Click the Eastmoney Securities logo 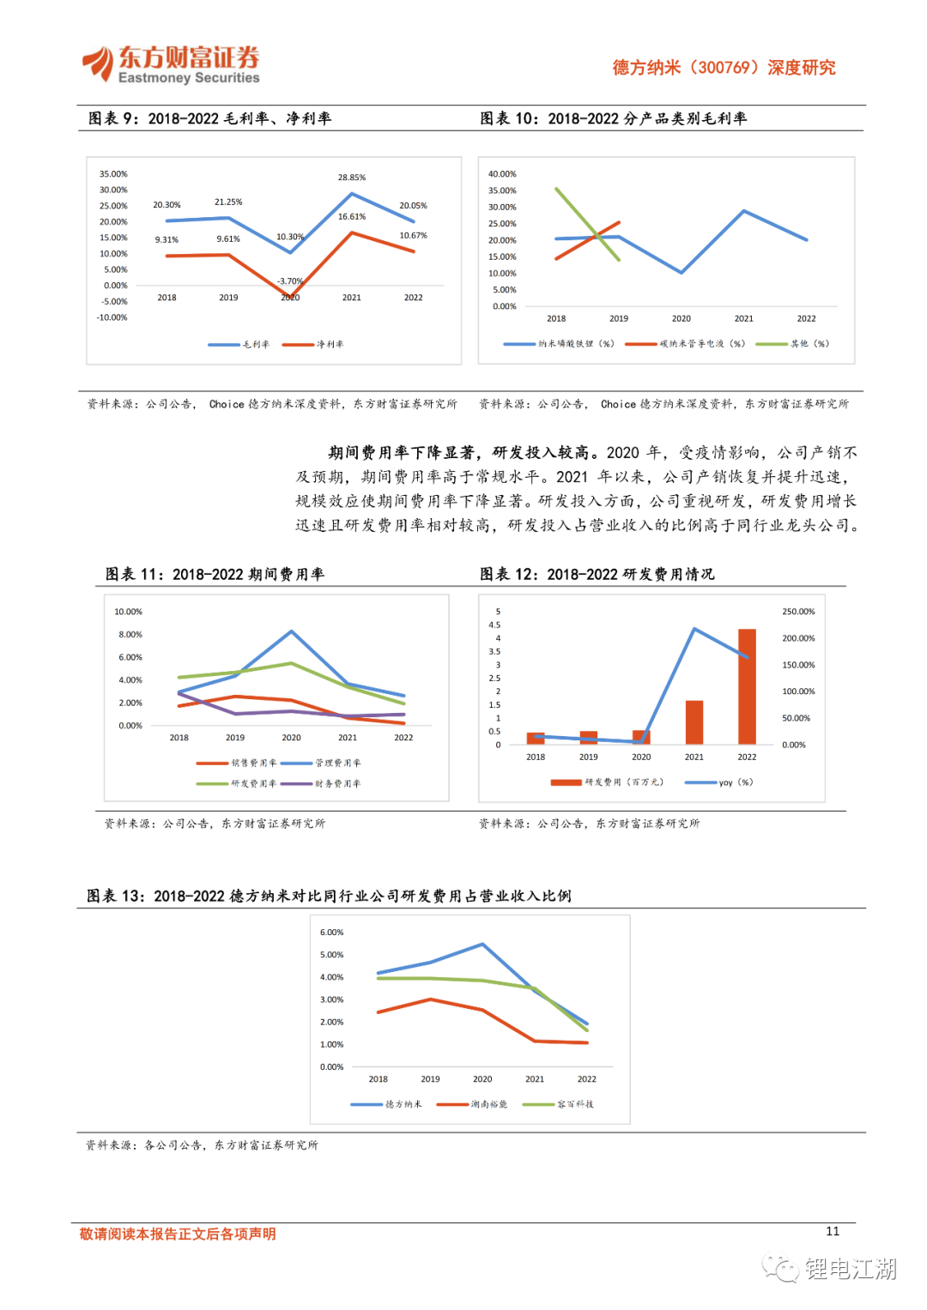[x=172, y=65]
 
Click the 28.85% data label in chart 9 [x=351, y=178]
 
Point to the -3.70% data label [x=290, y=281]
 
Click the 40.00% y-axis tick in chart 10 [x=502, y=174]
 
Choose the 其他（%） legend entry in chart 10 [x=809, y=344]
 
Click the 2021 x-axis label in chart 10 [x=743, y=318]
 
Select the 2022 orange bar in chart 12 [x=747, y=686]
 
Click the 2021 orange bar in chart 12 [x=694, y=722]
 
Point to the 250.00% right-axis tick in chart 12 [x=798, y=612]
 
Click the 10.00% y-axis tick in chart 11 [x=129, y=612]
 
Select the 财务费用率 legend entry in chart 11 [x=337, y=784]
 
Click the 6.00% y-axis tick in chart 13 [x=331, y=933]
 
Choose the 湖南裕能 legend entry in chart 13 [x=488, y=1105]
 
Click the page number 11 [x=833, y=1231]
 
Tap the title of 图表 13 [x=329, y=896]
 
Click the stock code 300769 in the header [x=725, y=68]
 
